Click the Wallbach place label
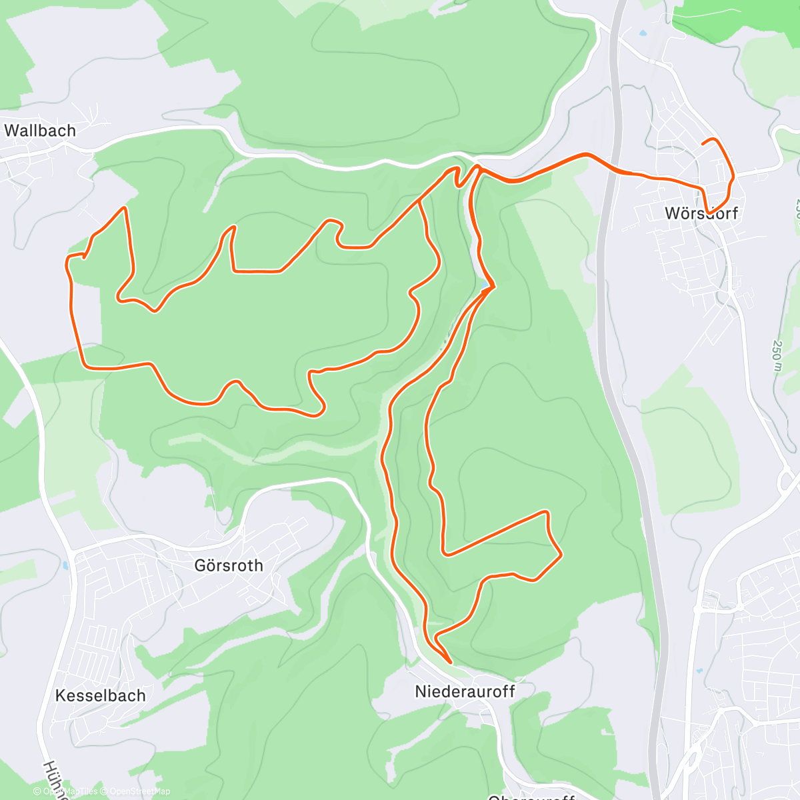tap(40, 131)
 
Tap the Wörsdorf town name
tap(701, 214)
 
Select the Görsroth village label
tap(229, 566)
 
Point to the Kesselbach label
tap(100, 696)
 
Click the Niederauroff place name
tap(465, 691)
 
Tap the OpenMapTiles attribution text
tap(69, 791)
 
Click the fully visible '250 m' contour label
tap(777, 361)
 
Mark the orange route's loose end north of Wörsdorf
tap(703, 143)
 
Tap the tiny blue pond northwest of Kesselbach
tap(65, 566)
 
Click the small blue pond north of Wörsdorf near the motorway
tap(642, 33)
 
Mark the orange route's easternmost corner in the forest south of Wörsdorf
tap(561, 553)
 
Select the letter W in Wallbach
tap(12, 131)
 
